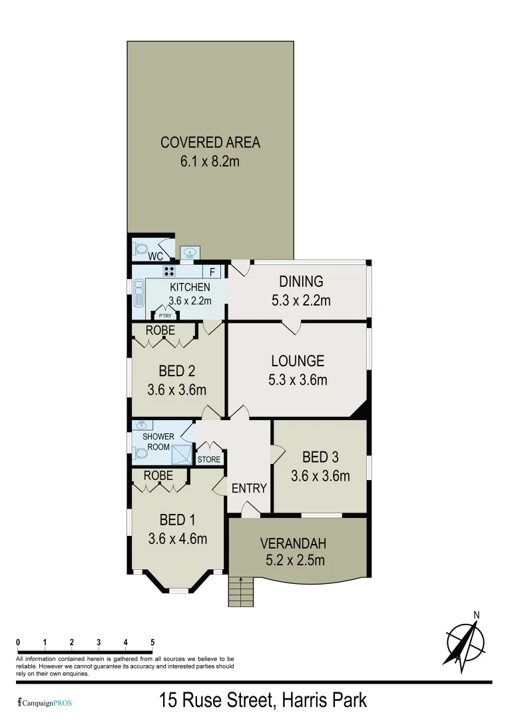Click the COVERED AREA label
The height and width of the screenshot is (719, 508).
point(210,142)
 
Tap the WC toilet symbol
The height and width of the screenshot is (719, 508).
point(140,248)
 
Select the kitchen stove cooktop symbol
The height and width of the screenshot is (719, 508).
point(169,270)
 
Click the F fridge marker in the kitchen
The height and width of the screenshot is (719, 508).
point(212,272)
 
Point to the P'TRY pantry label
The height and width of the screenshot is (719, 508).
point(164,316)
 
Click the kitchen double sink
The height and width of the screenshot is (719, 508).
point(139,292)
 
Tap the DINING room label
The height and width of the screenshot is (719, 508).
point(301,282)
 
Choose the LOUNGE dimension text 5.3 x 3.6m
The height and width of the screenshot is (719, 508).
point(297,380)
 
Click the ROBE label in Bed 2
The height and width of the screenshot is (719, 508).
point(160,330)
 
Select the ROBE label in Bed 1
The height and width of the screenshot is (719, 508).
point(158,476)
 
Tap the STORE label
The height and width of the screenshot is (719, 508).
point(209,459)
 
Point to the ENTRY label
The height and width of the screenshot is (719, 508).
point(249,488)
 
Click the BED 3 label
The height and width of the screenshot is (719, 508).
point(320,457)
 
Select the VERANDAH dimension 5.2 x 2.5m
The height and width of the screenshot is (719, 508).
point(292,560)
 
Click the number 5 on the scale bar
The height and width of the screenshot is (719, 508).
point(152,642)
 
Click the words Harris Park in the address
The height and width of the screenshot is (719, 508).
point(324,700)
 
